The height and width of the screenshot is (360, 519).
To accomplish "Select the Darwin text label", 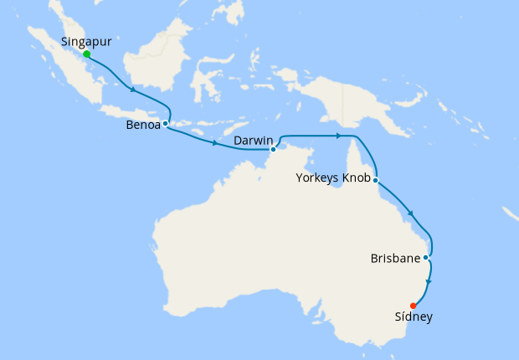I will tap(252, 140).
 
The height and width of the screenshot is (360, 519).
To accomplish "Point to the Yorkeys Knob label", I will tap(333, 177).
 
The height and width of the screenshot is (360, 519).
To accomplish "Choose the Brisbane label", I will tap(394, 260).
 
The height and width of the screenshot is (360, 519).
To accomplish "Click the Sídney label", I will tap(414, 317).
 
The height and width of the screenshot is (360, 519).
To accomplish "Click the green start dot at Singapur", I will tap(87, 54).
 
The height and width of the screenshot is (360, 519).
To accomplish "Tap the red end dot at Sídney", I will tap(414, 306).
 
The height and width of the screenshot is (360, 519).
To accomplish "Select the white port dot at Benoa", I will tap(166, 123).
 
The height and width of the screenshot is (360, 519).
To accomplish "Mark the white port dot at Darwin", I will tap(273, 150).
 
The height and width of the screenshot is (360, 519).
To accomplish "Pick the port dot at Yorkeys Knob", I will tap(376, 180).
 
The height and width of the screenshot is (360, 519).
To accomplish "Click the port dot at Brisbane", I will tap(426, 257).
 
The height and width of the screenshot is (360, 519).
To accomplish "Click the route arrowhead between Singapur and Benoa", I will tap(132, 88).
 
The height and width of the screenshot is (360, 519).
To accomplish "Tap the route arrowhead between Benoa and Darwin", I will tap(215, 144).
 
